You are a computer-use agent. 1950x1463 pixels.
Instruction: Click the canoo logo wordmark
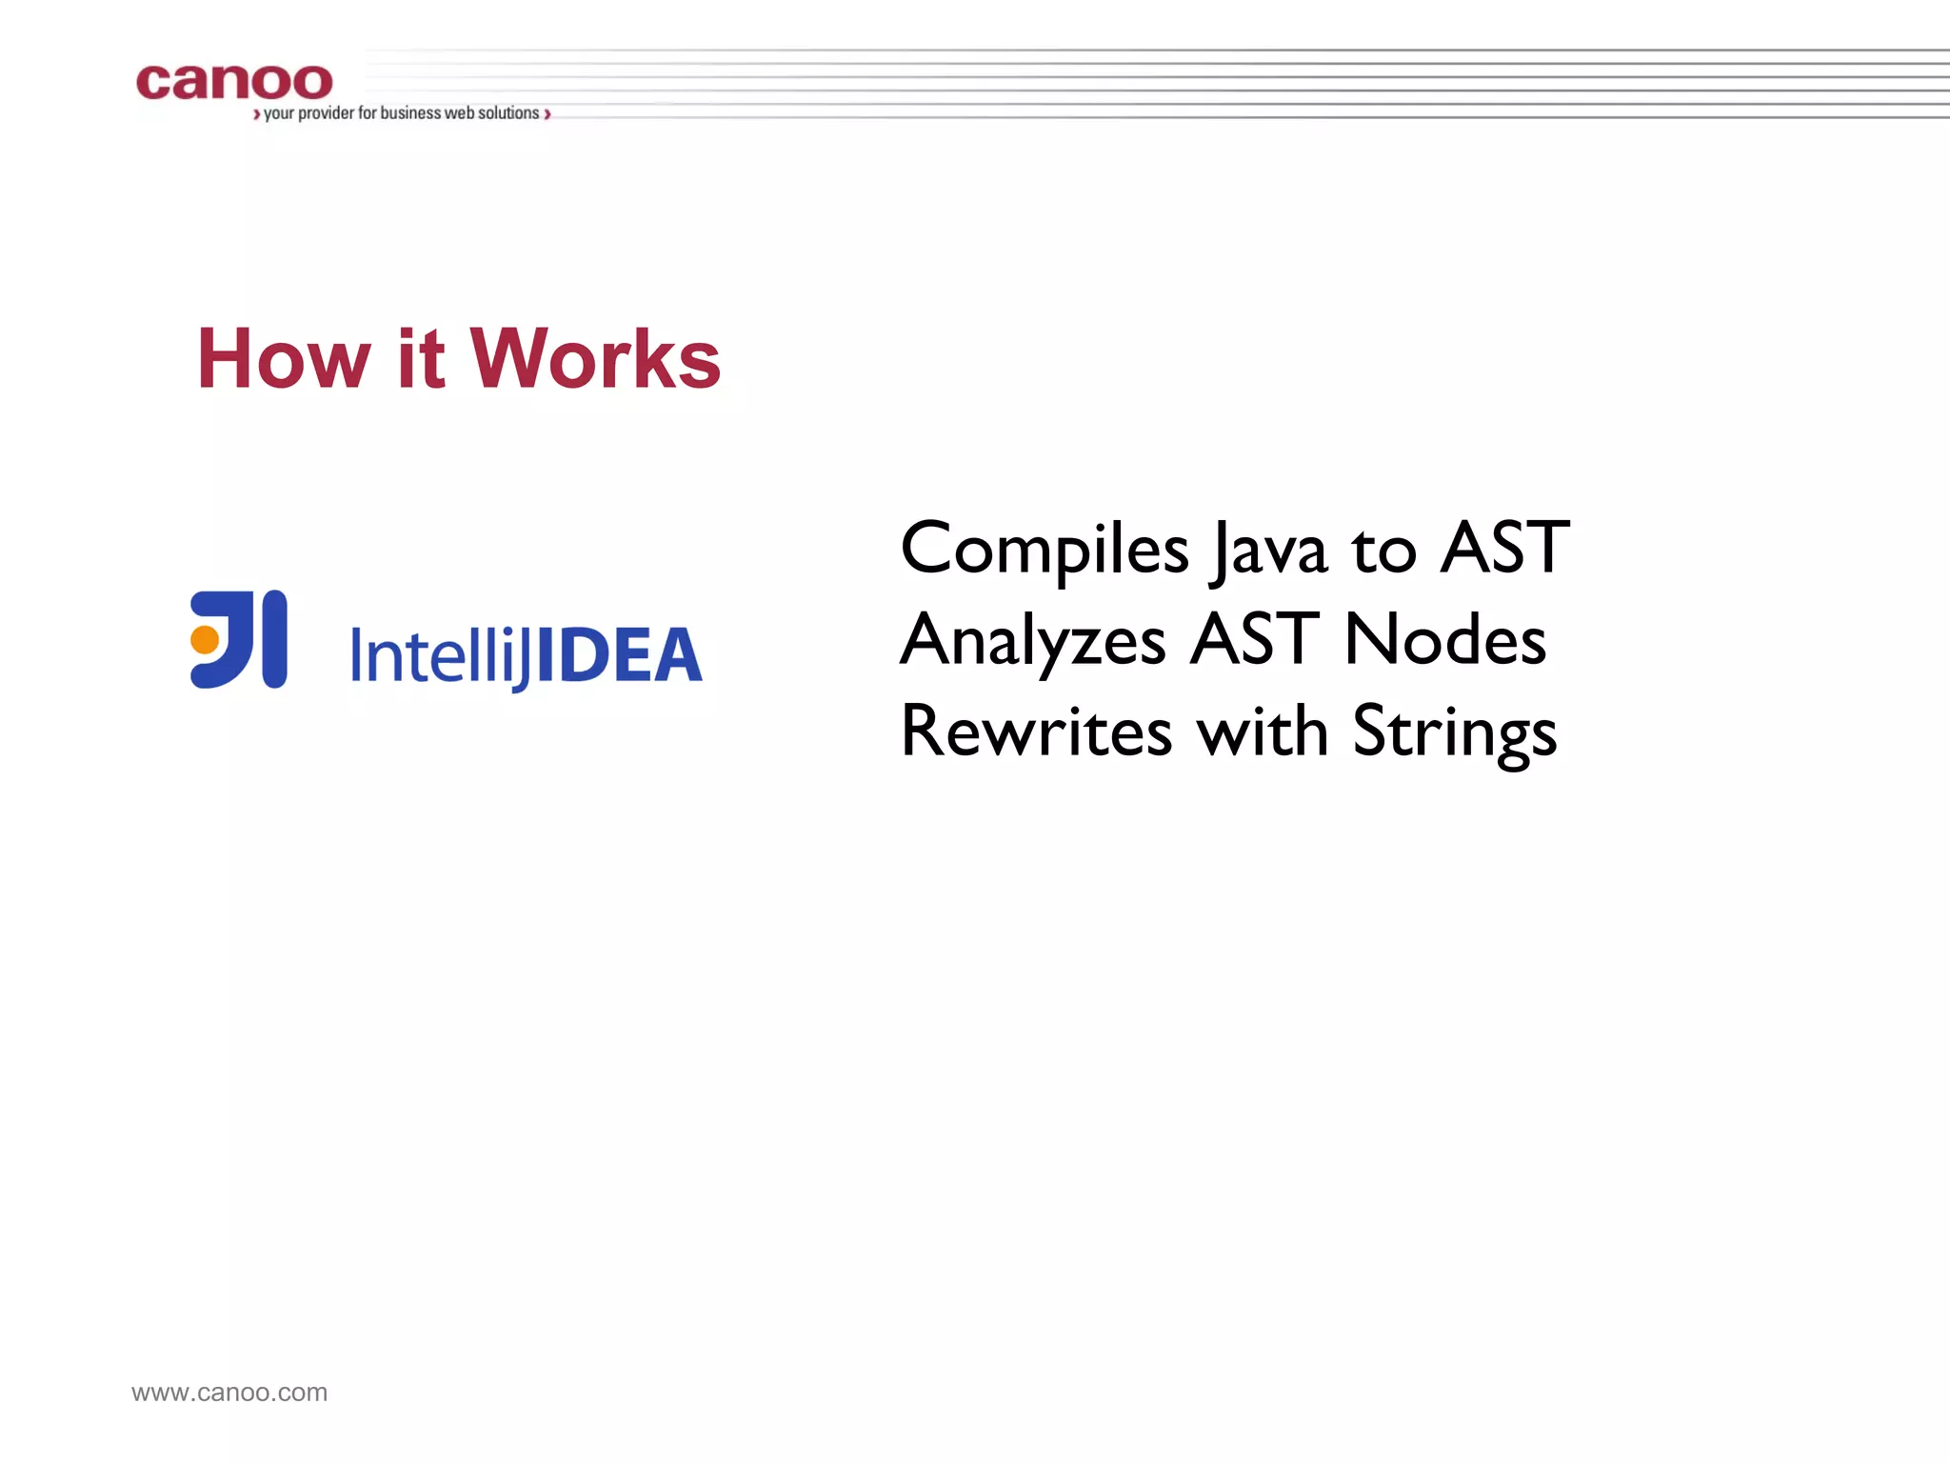pos(234,82)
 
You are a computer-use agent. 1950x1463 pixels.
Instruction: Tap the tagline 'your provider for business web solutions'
pos(401,113)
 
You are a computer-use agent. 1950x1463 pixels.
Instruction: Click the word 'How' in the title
pos(283,359)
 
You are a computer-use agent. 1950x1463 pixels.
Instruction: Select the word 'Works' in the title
pos(595,359)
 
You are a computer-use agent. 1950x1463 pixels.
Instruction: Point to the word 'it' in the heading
pos(420,359)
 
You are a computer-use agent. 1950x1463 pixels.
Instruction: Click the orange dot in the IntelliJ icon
pos(205,639)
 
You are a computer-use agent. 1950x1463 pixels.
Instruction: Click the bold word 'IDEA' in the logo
pos(619,655)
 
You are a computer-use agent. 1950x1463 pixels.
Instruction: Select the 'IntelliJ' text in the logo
pos(440,655)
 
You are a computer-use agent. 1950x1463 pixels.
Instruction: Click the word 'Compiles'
pos(1045,550)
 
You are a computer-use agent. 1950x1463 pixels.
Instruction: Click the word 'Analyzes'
pos(1033,641)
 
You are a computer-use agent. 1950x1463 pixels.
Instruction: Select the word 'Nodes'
pos(1444,639)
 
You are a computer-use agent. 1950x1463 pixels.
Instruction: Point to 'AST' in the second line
pos(1255,639)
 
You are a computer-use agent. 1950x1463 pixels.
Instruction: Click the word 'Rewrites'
pos(1036,731)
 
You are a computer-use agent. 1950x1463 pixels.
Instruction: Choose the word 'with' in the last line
pos(1262,731)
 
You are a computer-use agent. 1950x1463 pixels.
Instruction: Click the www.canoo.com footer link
pos(229,1393)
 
